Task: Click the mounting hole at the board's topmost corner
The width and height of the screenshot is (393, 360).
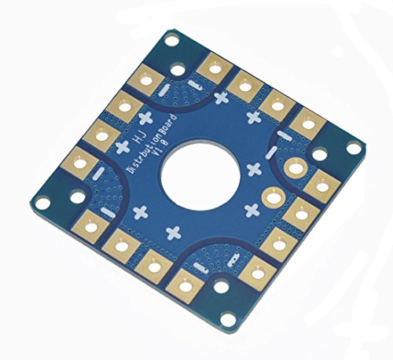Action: tap(171, 41)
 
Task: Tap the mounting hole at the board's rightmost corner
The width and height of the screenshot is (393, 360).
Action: tap(353, 148)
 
